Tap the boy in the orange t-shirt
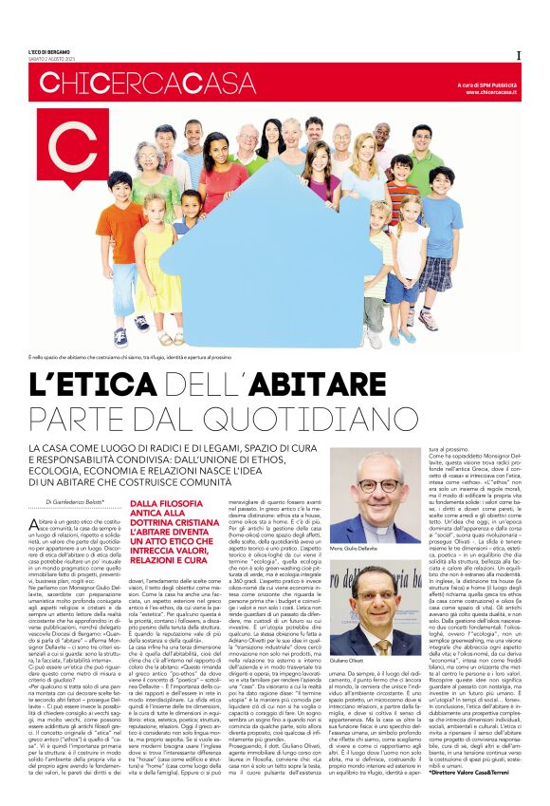pyautogui.click(x=120, y=237)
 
